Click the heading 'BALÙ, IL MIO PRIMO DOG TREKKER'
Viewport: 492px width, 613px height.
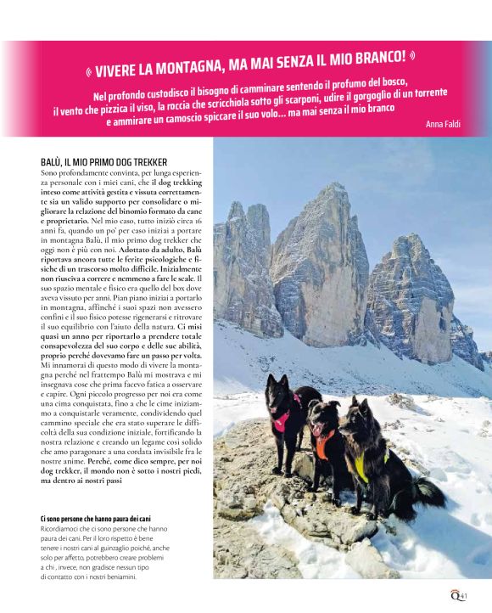coord(102,161)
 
